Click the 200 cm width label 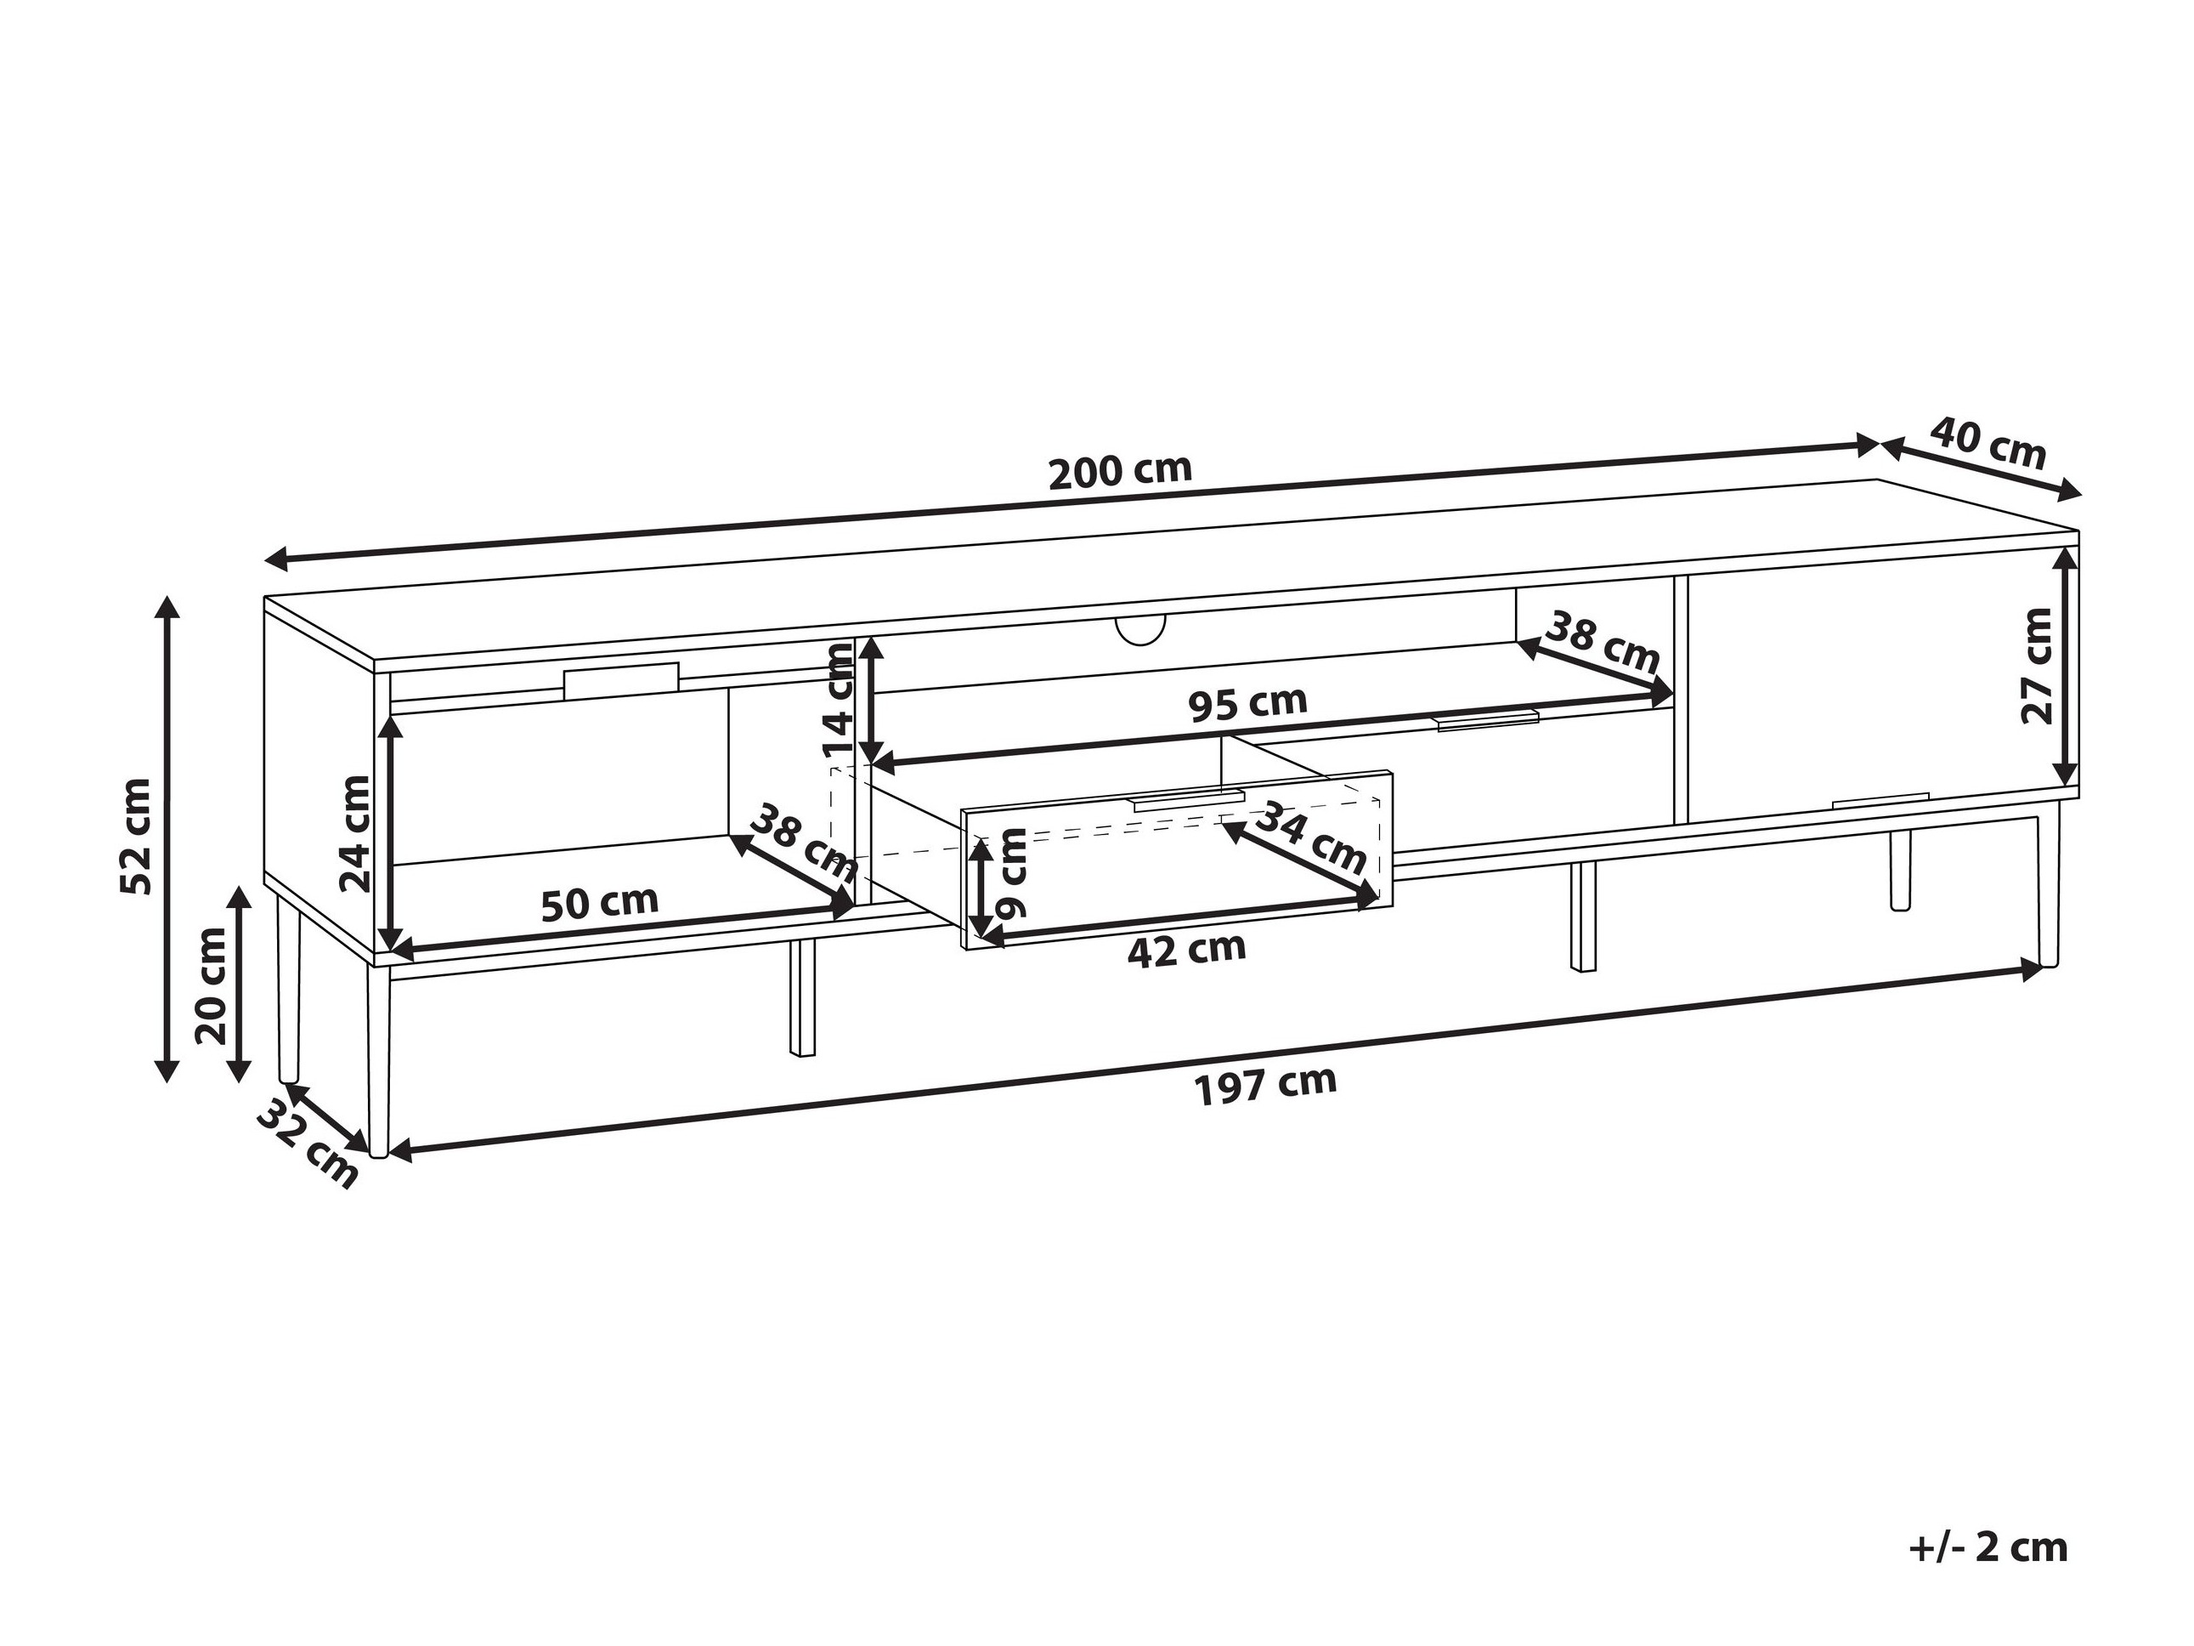pos(1120,470)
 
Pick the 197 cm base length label pos(1265,1084)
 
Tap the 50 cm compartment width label pos(599,903)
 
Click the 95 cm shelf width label pos(1247,703)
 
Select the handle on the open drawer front pos(1188,802)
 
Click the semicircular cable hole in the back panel pos(1139,629)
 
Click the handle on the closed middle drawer pos(1487,719)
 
